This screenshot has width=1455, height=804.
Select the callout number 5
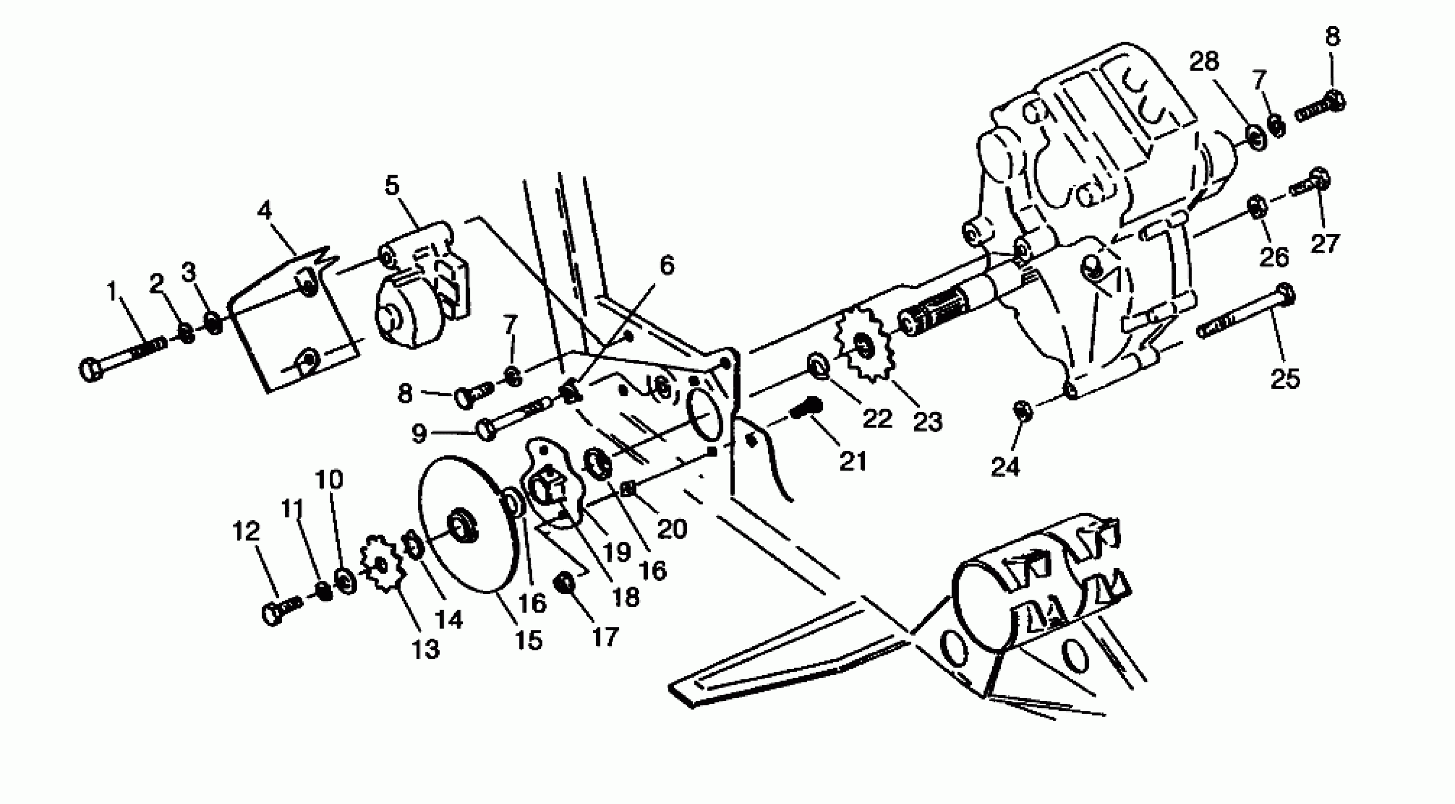pyautogui.click(x=392, y=186)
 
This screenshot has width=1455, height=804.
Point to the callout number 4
pyautogui.click(x=265, y=210)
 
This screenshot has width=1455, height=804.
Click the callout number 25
pyautogui.click(x=1286, y=378)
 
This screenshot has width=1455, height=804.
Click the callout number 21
pyautogui.click(x=853, y=461)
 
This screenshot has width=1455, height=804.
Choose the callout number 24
pyautogui.click(x=1005, y=466)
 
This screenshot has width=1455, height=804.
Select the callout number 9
pyautogui.click(x=419, y=434)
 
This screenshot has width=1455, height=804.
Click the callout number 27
pyautogui.click(x=1325, y=244)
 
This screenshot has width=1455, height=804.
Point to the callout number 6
pyautogui.click(x=667, y=265)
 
